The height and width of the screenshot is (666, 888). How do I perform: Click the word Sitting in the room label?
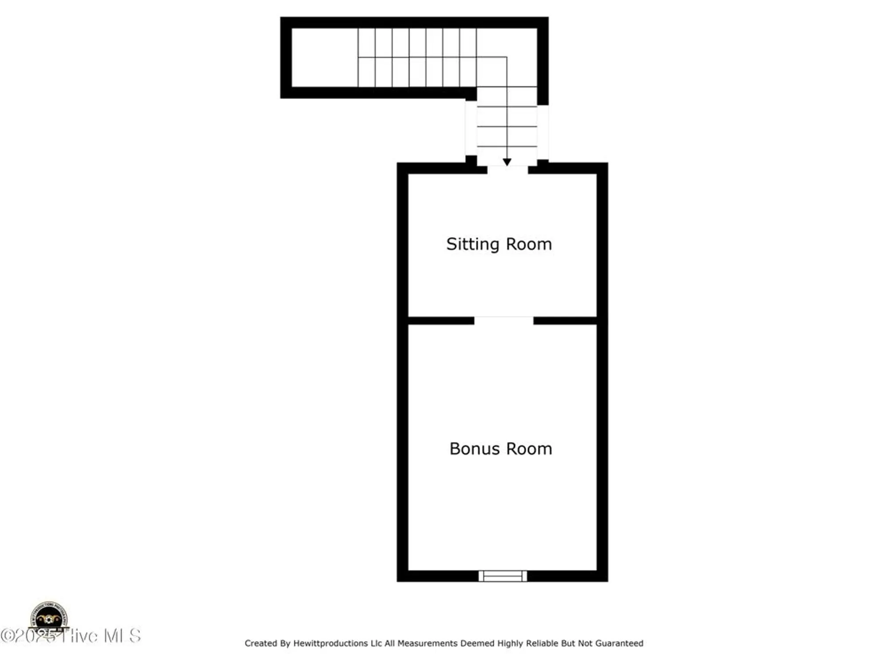[473, 245]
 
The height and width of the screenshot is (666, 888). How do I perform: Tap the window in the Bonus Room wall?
[503, 576]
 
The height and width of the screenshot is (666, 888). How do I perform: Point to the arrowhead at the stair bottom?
[507, 162]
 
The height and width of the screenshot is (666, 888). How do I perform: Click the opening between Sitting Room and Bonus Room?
[503, 321]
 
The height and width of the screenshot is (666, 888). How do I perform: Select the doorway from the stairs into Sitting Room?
[507, 169]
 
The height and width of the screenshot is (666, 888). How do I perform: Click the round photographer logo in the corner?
[49, 616]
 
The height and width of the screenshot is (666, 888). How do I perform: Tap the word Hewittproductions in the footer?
[330, 643]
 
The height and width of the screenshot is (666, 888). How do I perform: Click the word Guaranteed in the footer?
[619, 643]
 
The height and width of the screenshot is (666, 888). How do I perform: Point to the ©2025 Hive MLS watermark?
[71, 636]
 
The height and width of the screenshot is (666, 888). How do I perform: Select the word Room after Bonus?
[529, 449]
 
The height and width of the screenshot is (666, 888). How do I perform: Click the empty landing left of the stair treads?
[325, 58]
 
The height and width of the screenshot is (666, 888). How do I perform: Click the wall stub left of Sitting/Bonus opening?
[441, 321]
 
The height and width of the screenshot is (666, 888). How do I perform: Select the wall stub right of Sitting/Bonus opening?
[565, 321]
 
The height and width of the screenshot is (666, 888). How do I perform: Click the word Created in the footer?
[261, 643]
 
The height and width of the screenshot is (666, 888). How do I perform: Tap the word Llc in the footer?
[376, 643]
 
